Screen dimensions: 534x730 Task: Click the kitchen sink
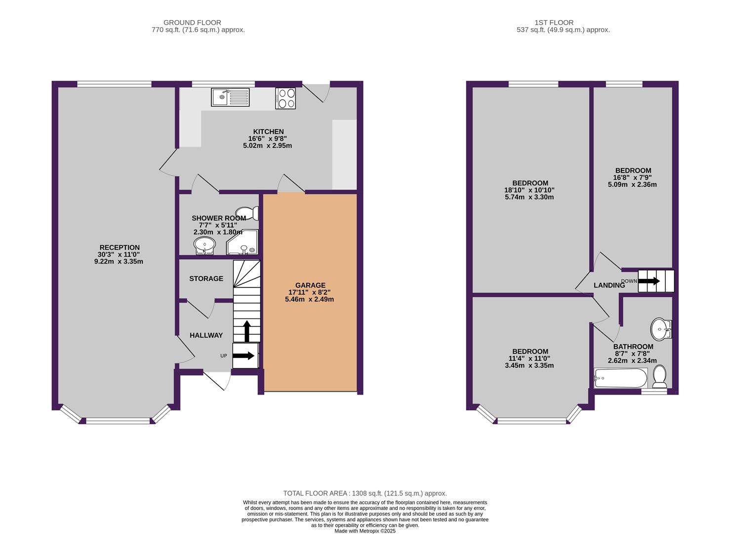[x=230, y=97]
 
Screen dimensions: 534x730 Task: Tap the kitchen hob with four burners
[x=285, y=98]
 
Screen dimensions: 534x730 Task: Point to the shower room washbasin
[x=204, y=245]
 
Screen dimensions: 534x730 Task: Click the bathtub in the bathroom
[x=620, y=378]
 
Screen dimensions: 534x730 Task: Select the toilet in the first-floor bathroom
[x=660, y=377]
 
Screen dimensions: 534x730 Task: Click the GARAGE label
[x=310, y=285]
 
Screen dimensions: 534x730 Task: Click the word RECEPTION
[x=120, y=248]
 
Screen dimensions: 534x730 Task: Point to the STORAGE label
[x=206, y=279]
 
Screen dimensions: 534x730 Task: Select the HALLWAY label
[x=206, y=335]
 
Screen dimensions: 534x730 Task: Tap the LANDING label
[x=609, y=285]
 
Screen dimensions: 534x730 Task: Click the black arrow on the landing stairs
[x=649, y=281]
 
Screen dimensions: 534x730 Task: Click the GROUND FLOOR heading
[x=192, y=22]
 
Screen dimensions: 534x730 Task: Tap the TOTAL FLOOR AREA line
[x=365, y=493]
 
